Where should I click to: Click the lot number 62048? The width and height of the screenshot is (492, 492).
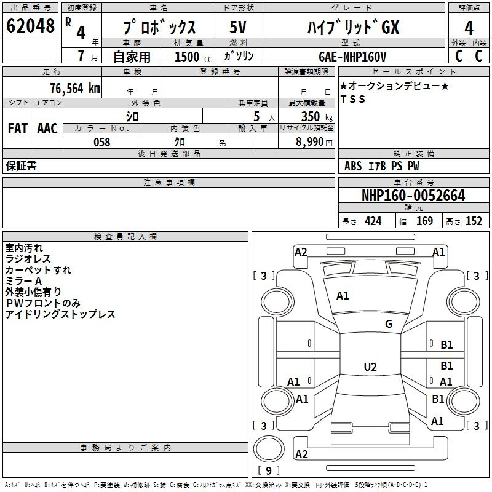[30, 26]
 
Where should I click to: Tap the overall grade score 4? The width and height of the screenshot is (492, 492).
[469, 28]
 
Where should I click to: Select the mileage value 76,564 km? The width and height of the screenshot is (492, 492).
[75, 89]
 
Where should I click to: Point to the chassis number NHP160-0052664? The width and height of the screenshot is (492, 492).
[413, 196]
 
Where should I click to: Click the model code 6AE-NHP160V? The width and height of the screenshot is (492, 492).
[352, 57]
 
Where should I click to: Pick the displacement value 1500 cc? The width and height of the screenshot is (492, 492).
[193, 57]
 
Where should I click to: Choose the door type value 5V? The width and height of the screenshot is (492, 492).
[238, 27]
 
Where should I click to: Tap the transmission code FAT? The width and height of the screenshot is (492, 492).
[18, 129]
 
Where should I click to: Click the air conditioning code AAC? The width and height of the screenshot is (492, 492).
[47, 129]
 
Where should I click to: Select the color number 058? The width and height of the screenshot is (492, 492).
[102, 142]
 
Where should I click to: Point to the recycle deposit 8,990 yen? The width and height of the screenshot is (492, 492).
[314, 142]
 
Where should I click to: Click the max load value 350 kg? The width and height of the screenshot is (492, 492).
[317, 116]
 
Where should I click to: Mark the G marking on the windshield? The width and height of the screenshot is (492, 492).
[389, 324]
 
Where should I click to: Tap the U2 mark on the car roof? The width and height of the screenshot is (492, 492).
[370, 367]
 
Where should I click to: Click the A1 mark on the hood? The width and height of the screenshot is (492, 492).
[343, 296]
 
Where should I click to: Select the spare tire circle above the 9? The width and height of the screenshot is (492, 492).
[269, 449]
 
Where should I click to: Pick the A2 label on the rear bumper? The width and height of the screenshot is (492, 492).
[301, 454]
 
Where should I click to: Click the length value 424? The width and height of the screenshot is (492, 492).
[373, 221]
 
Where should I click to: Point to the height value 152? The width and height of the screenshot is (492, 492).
[474, 221]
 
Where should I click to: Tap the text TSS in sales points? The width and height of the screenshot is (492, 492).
[353, 99]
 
